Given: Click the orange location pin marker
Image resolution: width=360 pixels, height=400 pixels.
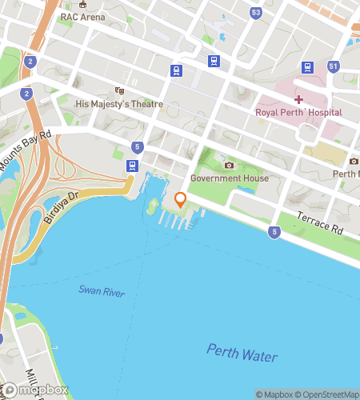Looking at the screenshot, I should click(181, 199).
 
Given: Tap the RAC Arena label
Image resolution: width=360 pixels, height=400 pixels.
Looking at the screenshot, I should click(82, 16).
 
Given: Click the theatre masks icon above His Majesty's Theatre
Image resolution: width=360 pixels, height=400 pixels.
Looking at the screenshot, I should click(119, 91).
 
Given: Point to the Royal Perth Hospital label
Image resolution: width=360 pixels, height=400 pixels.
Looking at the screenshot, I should click(298, 113).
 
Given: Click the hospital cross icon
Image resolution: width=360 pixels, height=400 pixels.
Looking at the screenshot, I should click(298, 99).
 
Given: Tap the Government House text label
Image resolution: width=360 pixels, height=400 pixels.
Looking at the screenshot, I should click(229, 178).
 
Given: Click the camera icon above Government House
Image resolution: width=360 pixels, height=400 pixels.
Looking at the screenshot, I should click(230, 166).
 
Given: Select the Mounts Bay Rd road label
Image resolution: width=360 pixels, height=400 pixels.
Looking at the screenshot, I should click(25, 152).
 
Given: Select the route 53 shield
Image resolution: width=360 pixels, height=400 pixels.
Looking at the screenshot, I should click(255, 13).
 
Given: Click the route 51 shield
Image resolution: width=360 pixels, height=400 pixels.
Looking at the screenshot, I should click(334, 66).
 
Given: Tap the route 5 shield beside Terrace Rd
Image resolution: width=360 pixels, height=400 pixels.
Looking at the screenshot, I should click(274, 232).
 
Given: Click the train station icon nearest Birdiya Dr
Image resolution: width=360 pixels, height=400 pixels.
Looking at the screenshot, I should click(133, 166).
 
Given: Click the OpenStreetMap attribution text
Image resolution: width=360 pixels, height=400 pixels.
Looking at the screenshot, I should click(328, 394).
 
